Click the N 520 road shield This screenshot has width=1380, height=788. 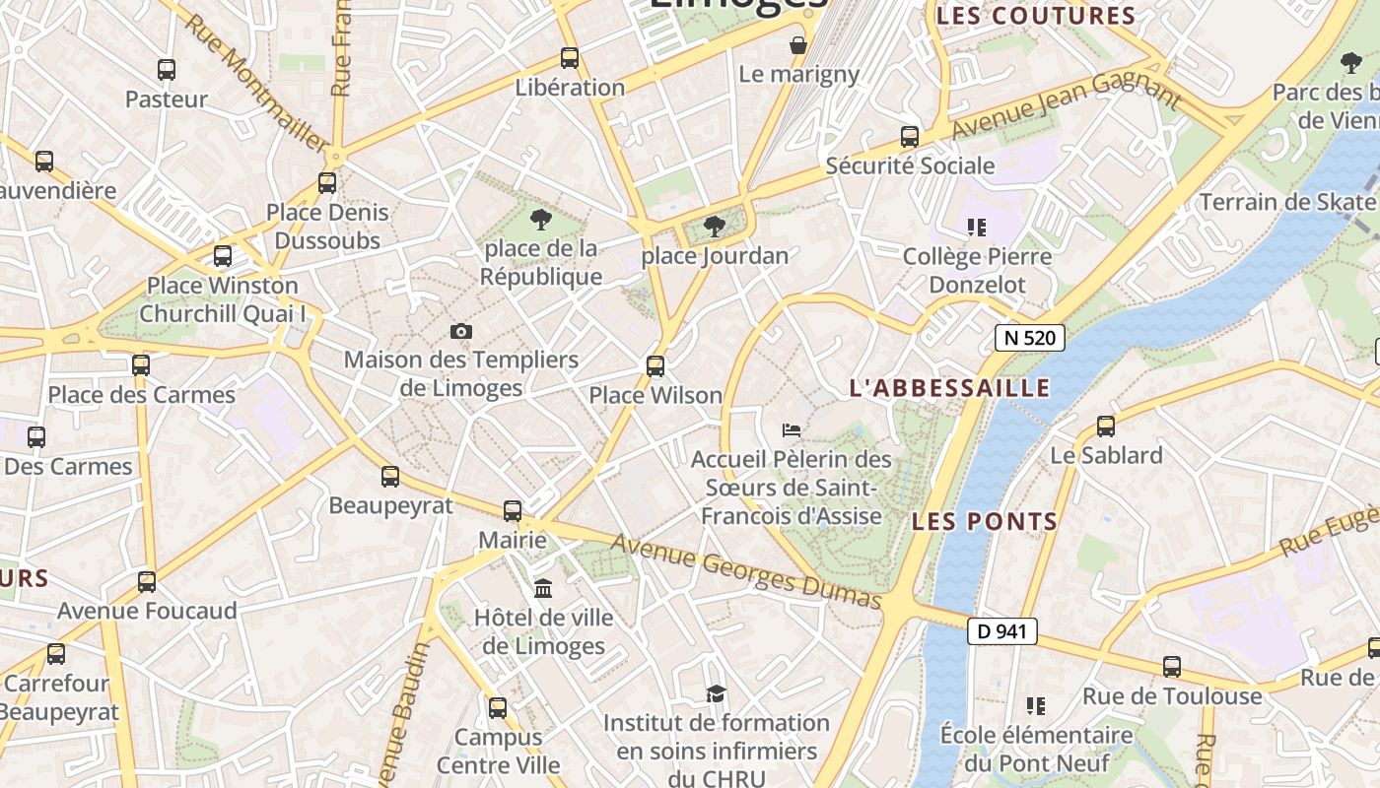click(1031, 338)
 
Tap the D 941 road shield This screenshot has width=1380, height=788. click(1002, 631)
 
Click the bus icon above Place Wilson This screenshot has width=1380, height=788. click(655, 366)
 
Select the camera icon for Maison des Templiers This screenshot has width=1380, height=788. click(460, 331)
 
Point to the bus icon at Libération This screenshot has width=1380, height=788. click(570, 58)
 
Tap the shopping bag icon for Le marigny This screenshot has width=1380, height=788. click(798, 45)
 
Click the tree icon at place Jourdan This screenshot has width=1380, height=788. click(715, 228)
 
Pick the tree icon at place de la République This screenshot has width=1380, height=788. click(540, 219)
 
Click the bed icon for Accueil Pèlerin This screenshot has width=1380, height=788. click(792, 429)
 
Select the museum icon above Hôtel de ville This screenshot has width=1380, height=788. click(542, 589)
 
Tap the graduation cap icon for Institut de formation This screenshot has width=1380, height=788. click(716, 694)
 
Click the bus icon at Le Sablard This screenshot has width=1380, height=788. click(1106, 427)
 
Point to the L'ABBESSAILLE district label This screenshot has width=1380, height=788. click(950, 388)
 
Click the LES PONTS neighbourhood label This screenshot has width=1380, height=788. click(985, 521)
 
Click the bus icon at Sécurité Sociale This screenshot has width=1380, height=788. click(910, 137)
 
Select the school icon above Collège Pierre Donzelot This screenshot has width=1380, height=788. click(977, 229)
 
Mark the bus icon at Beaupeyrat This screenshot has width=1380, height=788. click(390, 477)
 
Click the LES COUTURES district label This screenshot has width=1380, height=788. click(1036, 16)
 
